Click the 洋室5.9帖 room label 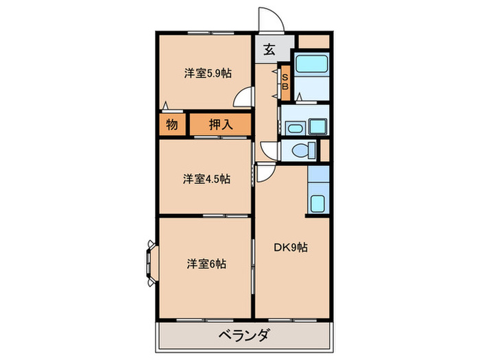205,73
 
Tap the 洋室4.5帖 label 206,179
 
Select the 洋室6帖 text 206,263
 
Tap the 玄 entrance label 269,49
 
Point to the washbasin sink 295,128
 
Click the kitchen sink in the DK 318,204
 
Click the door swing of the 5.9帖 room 242,100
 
